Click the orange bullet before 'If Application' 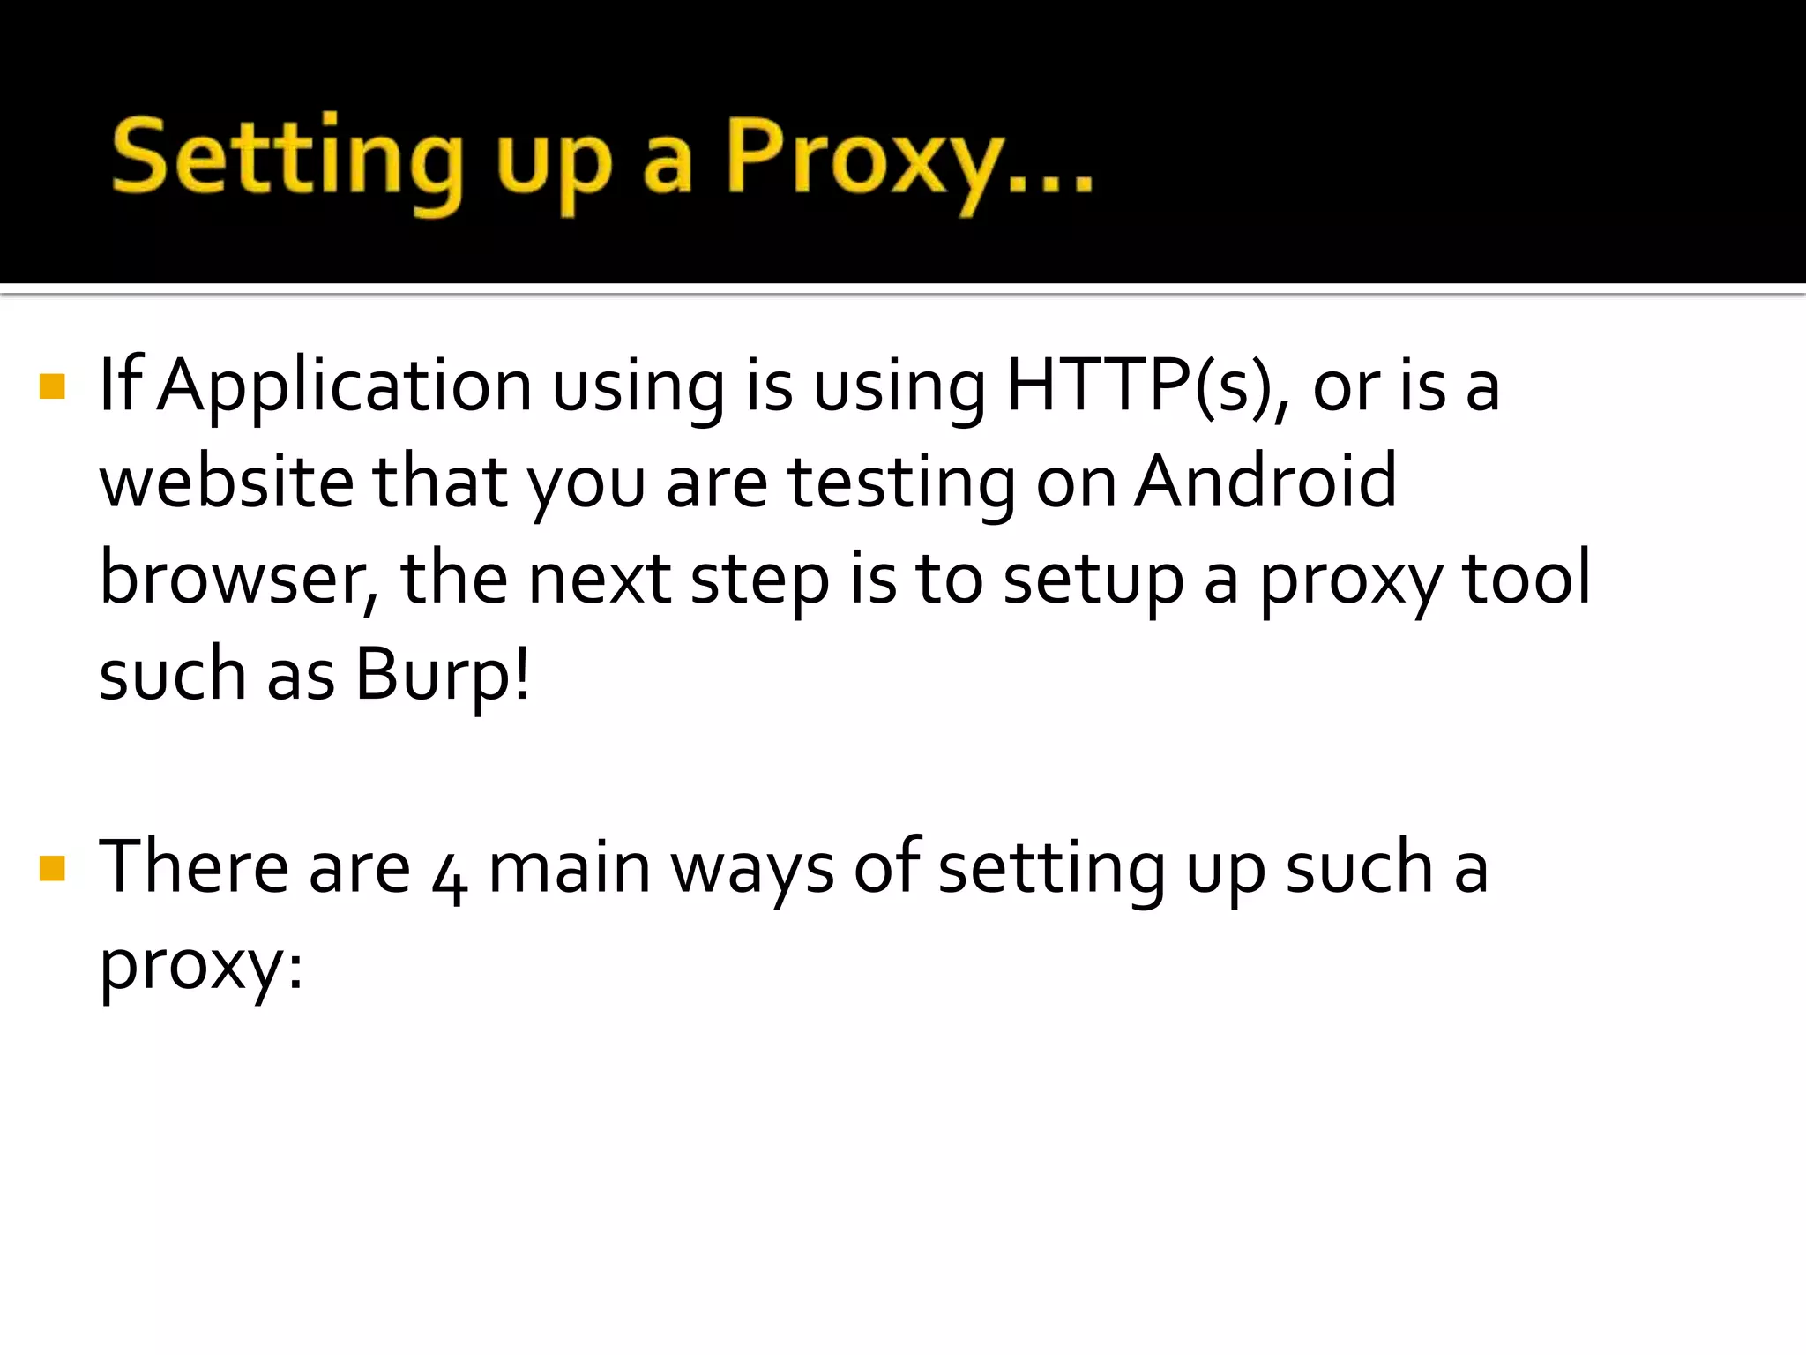53,386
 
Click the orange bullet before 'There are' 53,868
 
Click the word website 226,483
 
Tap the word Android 1265,483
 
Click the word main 569,868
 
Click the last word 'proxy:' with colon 201,967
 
